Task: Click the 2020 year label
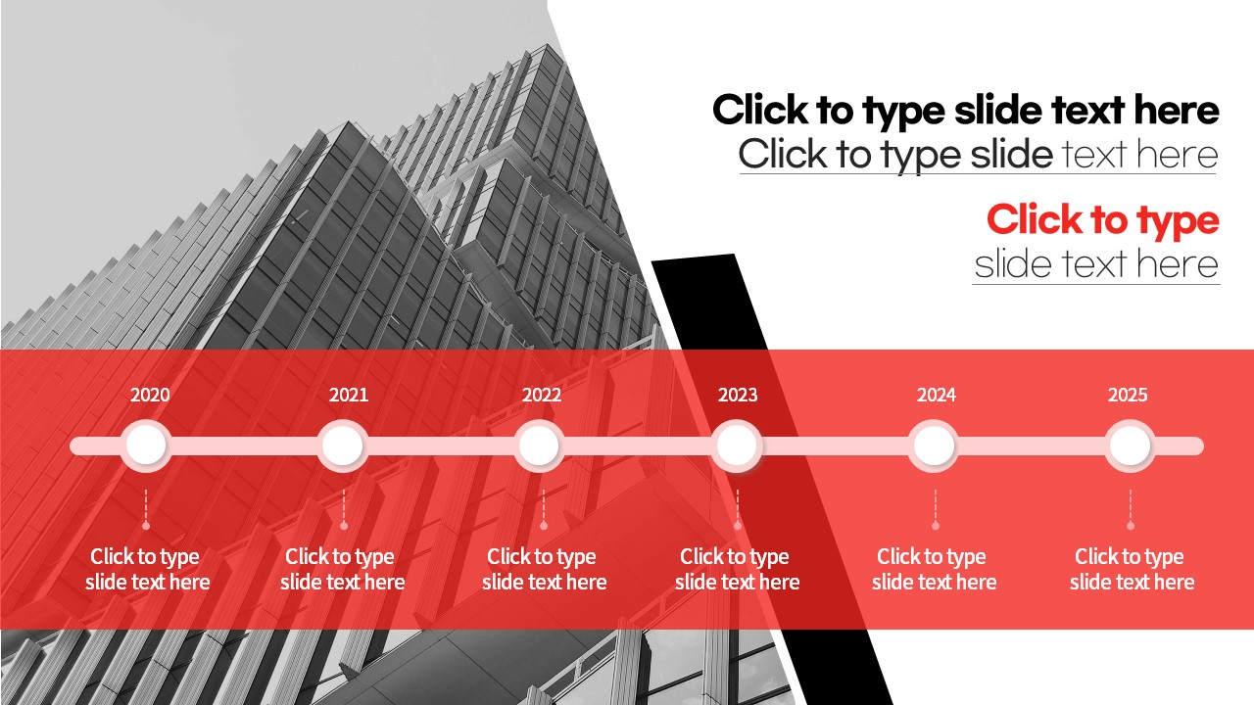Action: tap(150, 395)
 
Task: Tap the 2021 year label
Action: tap(348, 395)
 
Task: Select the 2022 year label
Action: tap(542, 395)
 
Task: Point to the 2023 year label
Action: tap(738, 395)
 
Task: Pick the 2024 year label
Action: tap(936, 395)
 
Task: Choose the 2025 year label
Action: tap(1128, 395)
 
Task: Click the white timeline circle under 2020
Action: tap(146, 446)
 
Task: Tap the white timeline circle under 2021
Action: tap(343, 446)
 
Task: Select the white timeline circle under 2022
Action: tap(539, 446)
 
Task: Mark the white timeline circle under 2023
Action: tap(737, 446)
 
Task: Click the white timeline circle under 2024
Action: tap(934, 446)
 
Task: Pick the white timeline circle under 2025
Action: tap(1131, 446)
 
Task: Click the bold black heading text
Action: tap(966, 111)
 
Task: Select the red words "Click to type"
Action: tap(1103, 220)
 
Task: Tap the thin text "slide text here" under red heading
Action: tap(1096, 264)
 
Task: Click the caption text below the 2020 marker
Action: tap(147, 569)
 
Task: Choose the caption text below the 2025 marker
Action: tap(1132, 569)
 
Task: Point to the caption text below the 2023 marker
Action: tap(737, 569)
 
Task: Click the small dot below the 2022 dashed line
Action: tap(543, 526)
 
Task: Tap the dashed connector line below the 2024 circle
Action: tap(935, 505)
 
